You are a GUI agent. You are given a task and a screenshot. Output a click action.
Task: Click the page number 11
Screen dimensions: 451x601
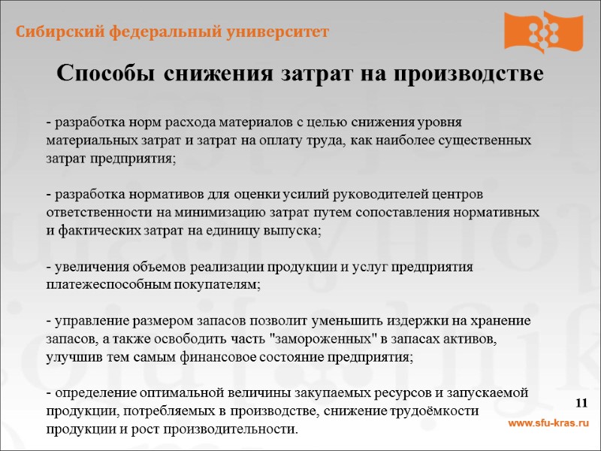click(581, 404)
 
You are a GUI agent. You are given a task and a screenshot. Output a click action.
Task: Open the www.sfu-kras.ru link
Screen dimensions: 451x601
click(549, 424)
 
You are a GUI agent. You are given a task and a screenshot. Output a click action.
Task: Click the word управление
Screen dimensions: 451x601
click(86, 322)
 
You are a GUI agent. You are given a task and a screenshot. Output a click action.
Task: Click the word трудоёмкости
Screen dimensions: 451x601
click(433, 412)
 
